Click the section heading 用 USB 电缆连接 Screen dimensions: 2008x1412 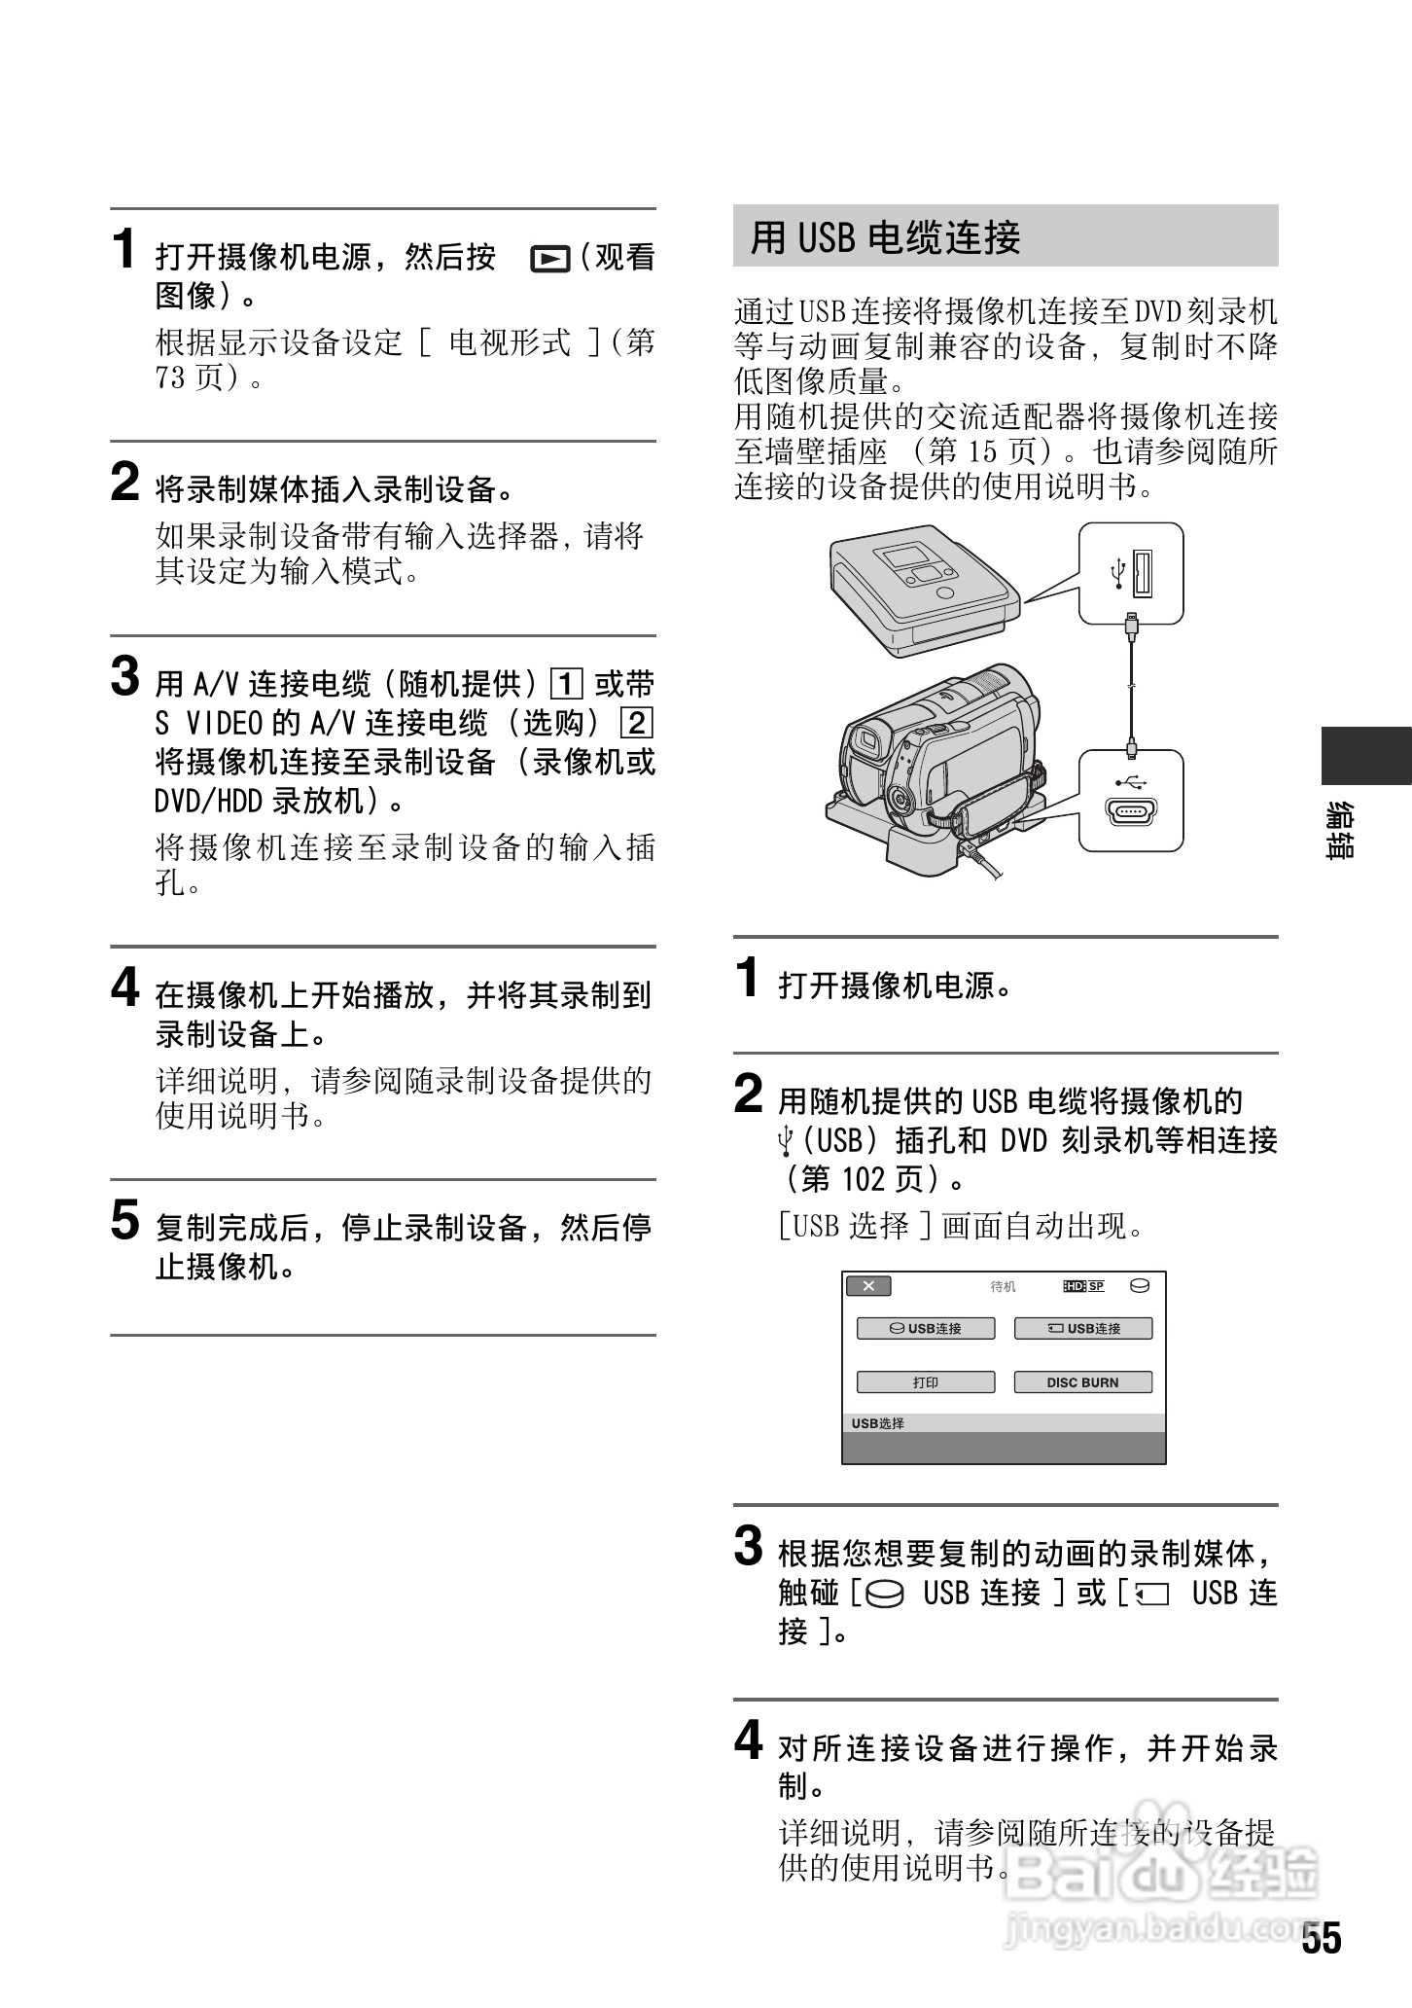tap(885, 237)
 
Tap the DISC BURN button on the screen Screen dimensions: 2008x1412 tap(1082, 1382)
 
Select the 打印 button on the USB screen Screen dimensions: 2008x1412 tap(925, 1382)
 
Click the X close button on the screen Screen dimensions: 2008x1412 tap(868, 1286)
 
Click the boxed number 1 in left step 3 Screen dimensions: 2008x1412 tap(566, 685)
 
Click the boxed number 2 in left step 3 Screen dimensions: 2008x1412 tap(637, 723)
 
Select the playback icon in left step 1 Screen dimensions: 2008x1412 tap(549, 259)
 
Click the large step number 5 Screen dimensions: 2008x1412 tap(125, 1220)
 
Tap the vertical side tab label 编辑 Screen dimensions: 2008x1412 tap(1341, 830)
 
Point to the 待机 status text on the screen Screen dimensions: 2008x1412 tap(1003, 1287)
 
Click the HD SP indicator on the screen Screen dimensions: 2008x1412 tap(1084, 1286)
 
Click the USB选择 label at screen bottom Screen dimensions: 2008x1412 tap(878, 1423)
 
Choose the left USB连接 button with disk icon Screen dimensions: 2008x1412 tap(925, 1329)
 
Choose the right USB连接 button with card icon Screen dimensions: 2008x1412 tap(1082, 1329)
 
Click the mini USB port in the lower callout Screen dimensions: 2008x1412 tap(1130, 811)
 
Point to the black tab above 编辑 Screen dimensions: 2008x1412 tap(1365, 755)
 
